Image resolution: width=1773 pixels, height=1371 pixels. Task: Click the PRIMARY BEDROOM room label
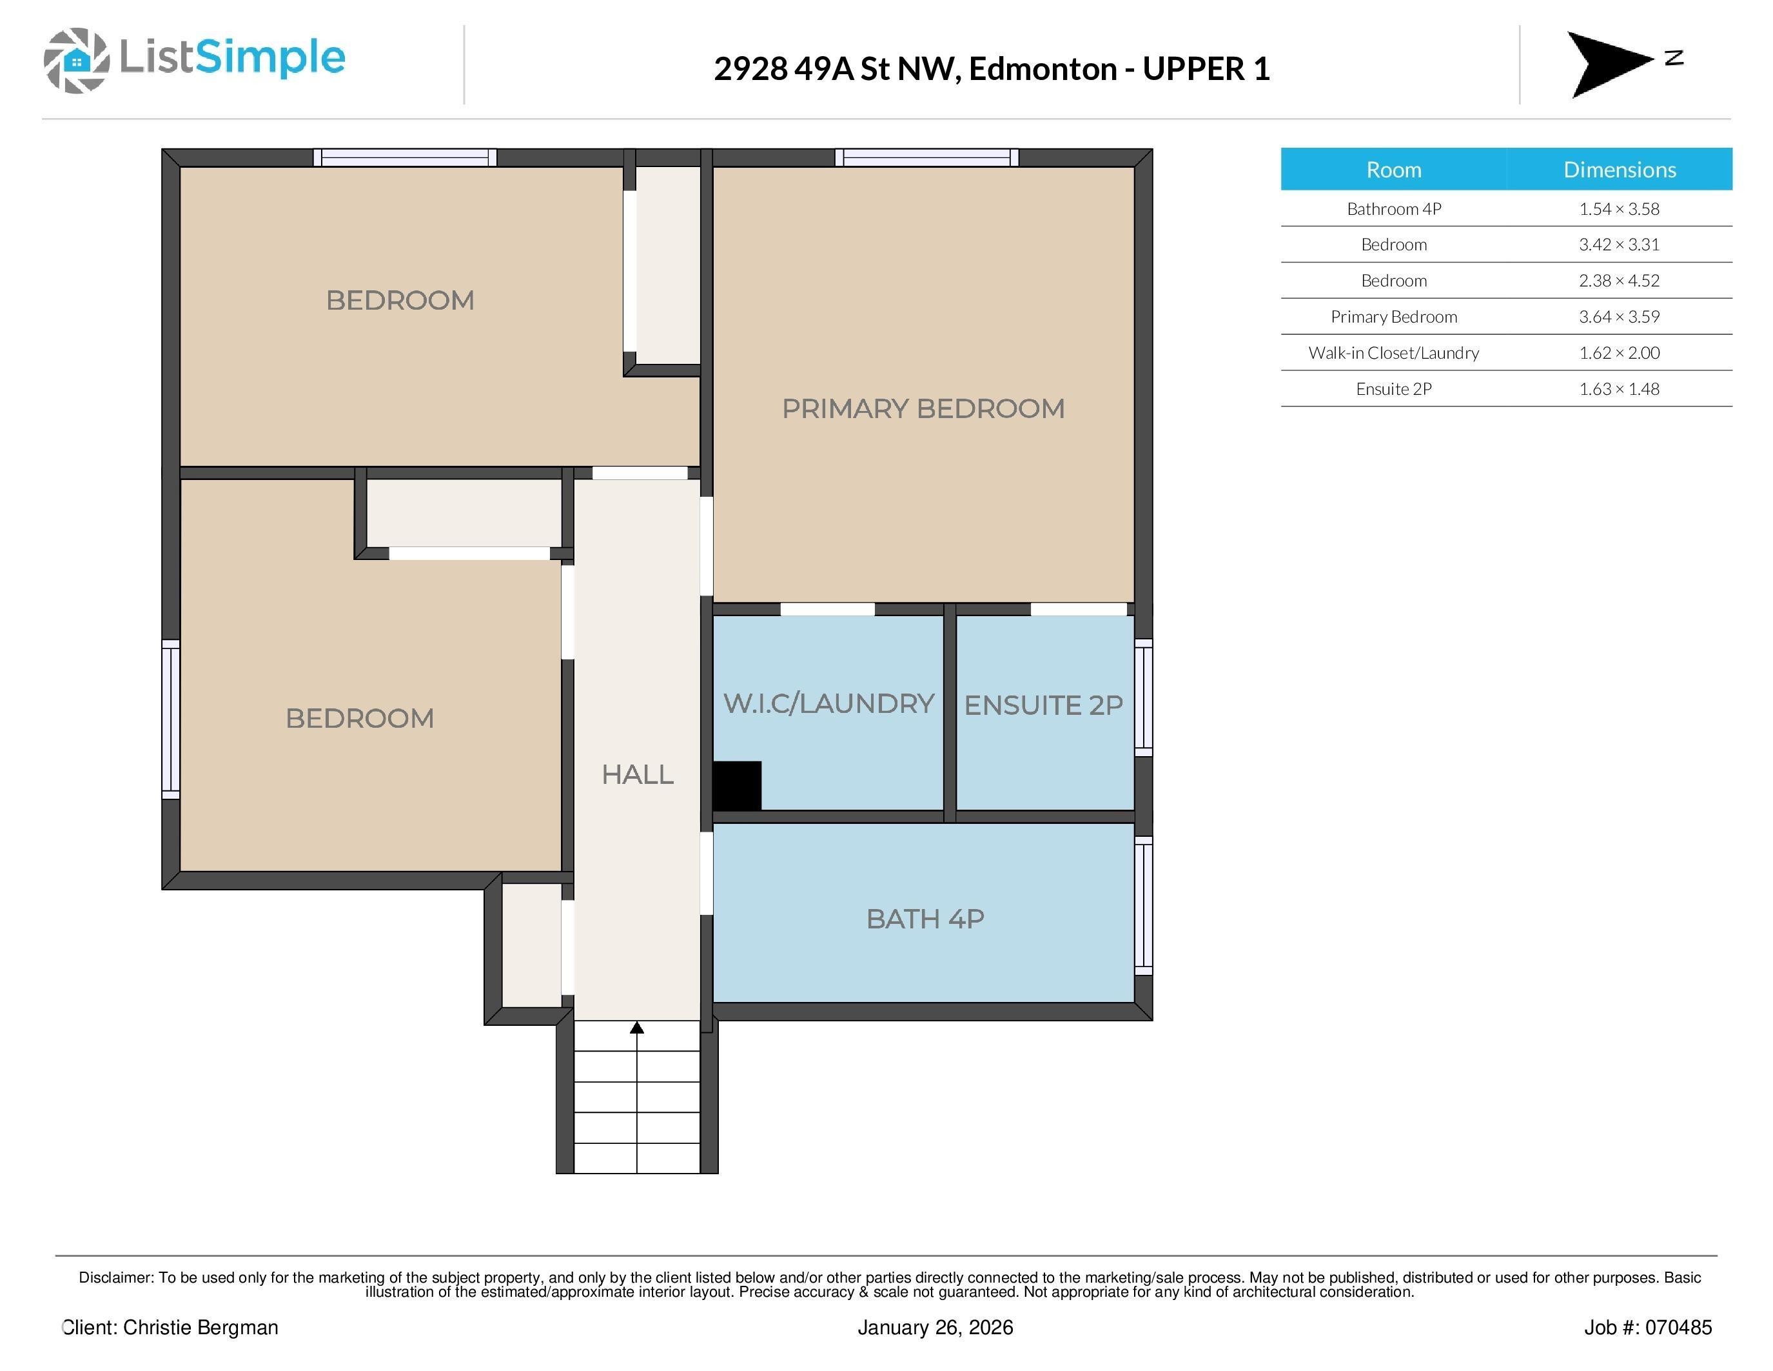(923, 408)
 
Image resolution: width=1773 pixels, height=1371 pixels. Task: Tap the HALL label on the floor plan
(637, 775)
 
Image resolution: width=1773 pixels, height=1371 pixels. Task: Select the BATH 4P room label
(925, 919)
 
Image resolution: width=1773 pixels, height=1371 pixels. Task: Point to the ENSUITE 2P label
(1043, 705)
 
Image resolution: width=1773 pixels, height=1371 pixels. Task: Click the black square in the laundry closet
(737, 785)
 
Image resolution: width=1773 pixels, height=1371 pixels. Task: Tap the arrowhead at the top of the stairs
(637, 1028)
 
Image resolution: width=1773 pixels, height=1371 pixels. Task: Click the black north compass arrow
(1603, 63)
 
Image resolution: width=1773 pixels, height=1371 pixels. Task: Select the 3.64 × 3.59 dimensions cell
(1619, 317)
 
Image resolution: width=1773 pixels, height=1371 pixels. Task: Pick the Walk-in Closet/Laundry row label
(1393, 352)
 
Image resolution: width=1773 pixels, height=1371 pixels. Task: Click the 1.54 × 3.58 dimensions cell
(1619, 209)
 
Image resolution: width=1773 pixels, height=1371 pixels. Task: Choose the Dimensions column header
(1619, 169)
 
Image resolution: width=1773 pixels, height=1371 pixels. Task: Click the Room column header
(1393, 169)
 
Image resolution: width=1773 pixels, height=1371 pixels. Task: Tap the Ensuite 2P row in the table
(1393, 389)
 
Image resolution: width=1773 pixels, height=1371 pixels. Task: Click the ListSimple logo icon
(76, 60)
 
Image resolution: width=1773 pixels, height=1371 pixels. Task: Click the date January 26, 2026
(935, 1327)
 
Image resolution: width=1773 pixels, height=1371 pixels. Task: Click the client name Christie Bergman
(201, 1327)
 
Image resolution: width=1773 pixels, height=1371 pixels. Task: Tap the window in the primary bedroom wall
(926, 157)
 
